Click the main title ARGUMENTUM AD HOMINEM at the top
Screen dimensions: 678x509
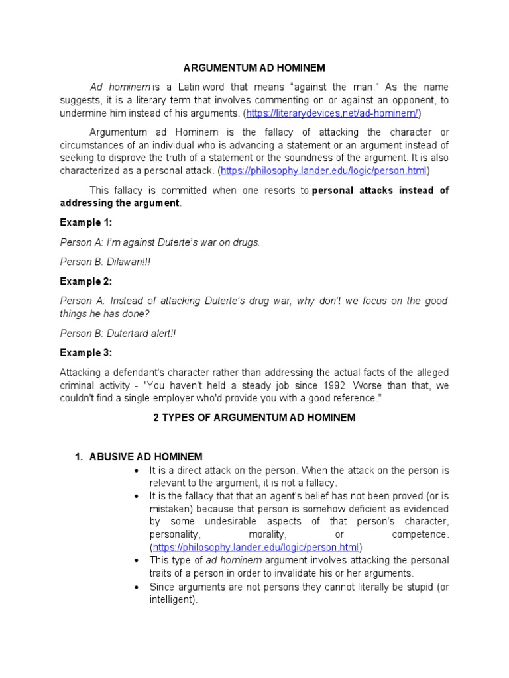[254, 68]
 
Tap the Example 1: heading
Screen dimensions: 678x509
[86, 222]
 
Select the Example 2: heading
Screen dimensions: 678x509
[86, 281]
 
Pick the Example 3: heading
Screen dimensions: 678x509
[86, 352]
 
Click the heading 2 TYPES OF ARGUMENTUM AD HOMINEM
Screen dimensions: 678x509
[254, 418]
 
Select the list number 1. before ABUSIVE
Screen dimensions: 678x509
[78, 457]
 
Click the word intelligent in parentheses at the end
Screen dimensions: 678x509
[173, 599]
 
